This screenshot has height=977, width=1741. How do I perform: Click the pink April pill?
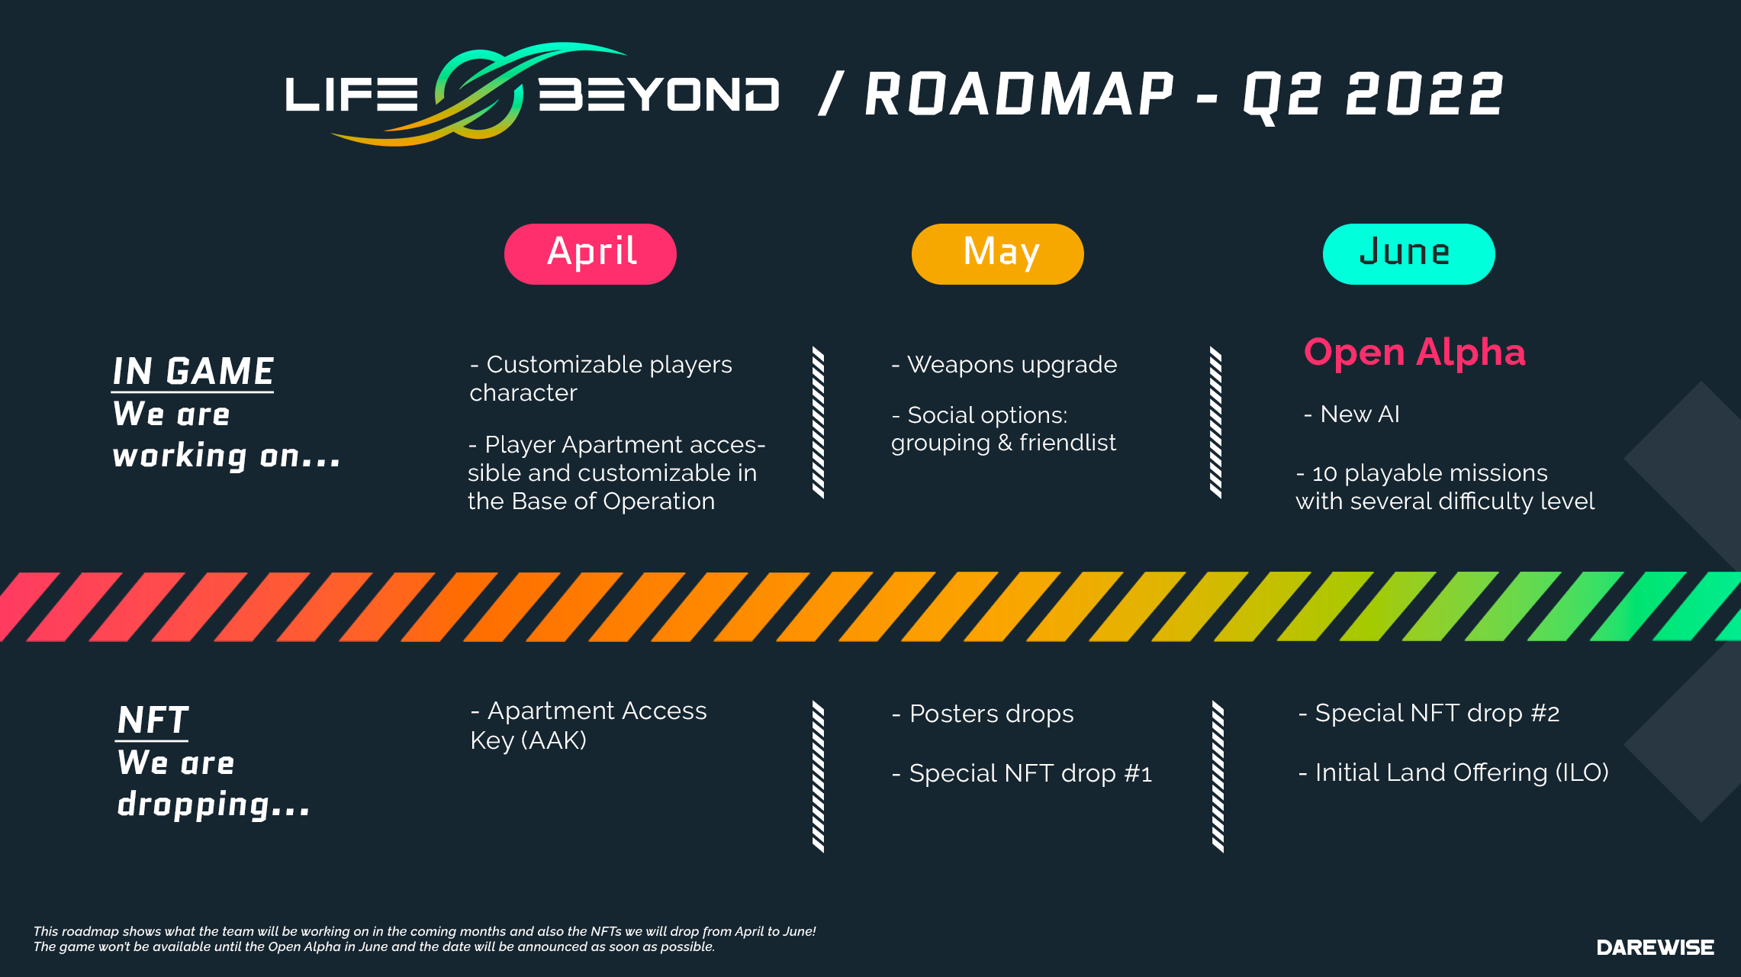coord(591,254)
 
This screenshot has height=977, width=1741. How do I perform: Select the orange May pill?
coord(998,254)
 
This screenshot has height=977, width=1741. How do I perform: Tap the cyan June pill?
coord(1408,254)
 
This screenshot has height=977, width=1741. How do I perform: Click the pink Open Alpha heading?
coord(1414,353)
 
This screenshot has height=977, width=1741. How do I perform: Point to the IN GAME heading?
coord(193,372)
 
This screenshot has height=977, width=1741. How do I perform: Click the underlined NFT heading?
coord(153,720)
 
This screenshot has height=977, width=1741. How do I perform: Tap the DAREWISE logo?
coord(1656,947)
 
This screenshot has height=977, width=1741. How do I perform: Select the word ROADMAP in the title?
coord(1019,95)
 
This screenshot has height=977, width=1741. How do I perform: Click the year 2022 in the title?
coord(1424,95)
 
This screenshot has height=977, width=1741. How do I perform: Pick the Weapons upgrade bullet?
coord(1004,365)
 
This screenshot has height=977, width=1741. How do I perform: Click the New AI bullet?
coord(1352,414)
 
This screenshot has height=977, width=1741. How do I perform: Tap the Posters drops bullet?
coord(983,714)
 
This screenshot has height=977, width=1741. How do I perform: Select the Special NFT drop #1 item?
coord(1022,773)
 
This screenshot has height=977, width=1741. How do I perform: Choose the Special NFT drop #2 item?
coord(1429,713)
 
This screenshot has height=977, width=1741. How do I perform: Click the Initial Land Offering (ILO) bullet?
coord(1453,772)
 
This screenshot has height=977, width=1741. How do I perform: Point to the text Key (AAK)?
coord(528,740)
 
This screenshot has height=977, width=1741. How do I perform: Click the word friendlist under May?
coord(1067,443)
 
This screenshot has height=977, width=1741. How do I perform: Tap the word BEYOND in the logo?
coord(659,95)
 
